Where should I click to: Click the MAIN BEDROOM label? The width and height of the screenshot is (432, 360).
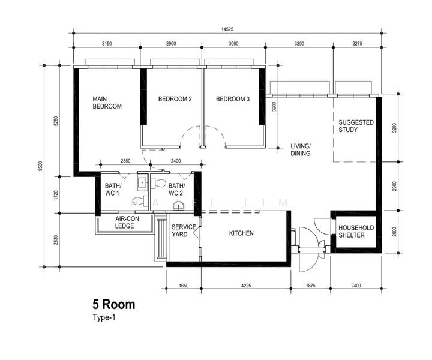point(107,103)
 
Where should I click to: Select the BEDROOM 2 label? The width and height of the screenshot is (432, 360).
point(175,99)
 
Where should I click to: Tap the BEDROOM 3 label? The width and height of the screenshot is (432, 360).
point(233,99)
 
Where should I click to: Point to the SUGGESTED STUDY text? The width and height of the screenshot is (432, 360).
point(356,126)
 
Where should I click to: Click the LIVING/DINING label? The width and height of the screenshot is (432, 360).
point(300,150)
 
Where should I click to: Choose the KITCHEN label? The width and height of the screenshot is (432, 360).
point(241,233)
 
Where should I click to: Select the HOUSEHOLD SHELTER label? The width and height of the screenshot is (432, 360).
point(356,232)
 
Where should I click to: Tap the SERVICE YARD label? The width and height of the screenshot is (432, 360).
point(184,230)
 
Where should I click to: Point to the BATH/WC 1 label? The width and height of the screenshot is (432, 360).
point(112,190)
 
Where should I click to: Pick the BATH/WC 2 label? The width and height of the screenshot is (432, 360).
point(176,190)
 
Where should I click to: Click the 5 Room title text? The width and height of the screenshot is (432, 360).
point(113,305)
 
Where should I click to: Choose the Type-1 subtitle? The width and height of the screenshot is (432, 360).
point(103,319)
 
